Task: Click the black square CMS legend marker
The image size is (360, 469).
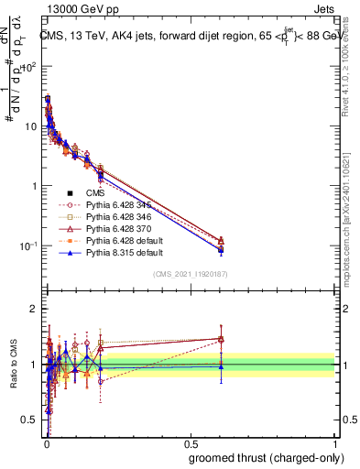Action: click(x=70, y=193)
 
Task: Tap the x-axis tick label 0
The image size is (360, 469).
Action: click(x=46, y=444)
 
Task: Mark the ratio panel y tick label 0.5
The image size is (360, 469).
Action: click(x=32, y=420)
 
